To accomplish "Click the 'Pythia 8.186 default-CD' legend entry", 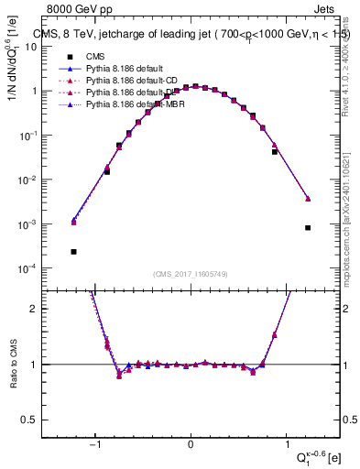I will coord(108,81).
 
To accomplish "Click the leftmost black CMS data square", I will coord(73,251).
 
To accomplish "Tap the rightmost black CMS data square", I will coord(308,227).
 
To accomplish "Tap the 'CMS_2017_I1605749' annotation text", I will coord(190,274).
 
